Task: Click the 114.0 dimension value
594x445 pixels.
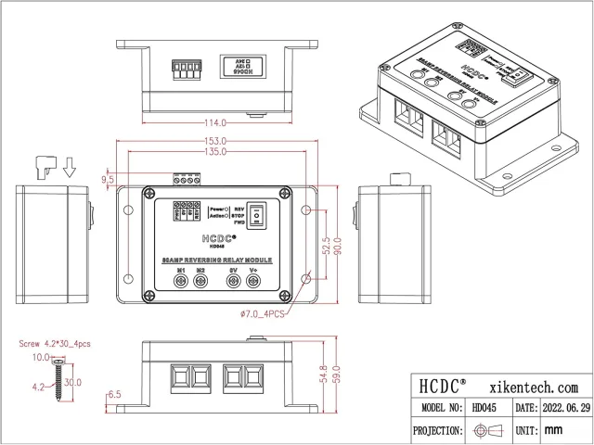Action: [x=216, y=122]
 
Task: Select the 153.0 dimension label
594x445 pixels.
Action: [x=216, y=141]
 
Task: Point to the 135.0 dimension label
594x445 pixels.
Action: [x=216, y=151]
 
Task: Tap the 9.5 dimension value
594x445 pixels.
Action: [x=108, y=178]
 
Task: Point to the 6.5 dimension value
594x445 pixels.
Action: [x=114, y=394]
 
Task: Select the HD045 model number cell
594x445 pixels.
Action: [x=485, y=408]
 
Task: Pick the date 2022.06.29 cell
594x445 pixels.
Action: [x=564, y=408]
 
